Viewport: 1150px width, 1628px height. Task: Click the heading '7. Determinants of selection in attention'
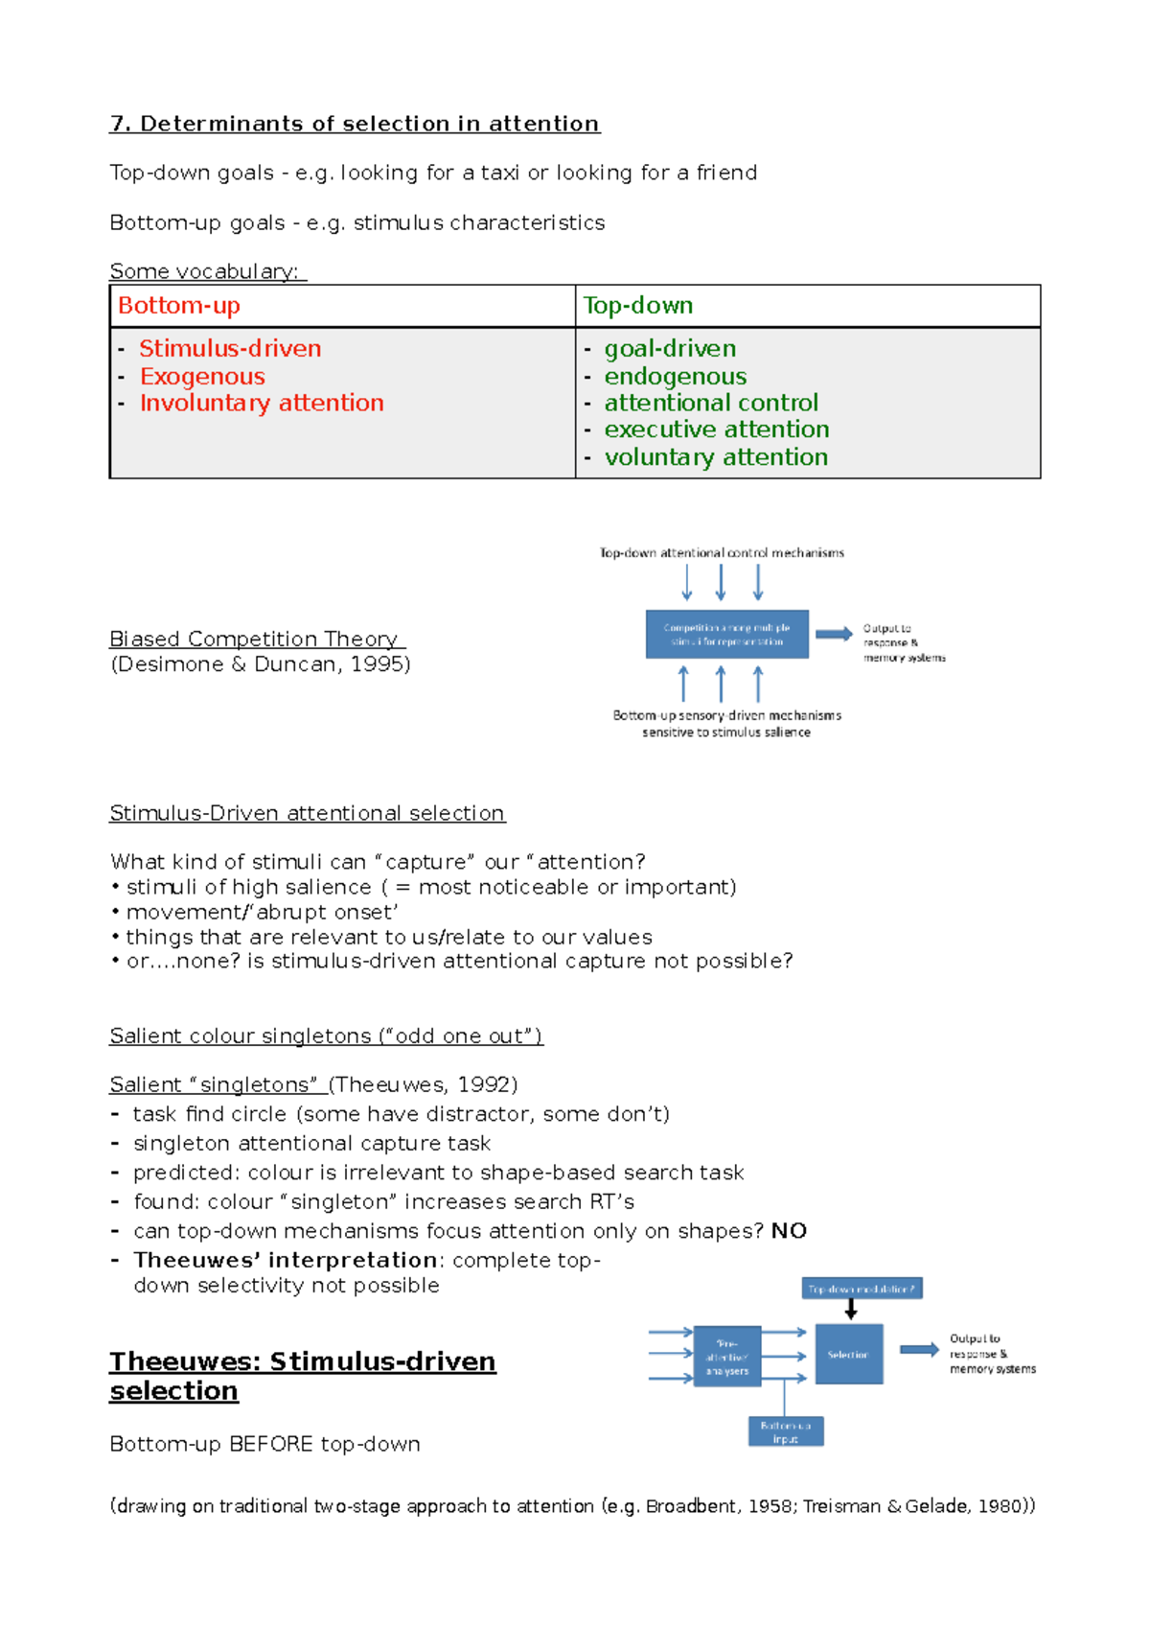coord(355,124)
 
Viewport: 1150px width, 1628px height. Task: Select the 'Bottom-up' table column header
coord(178,306)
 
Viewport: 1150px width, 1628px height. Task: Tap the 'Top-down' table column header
coord(638,306)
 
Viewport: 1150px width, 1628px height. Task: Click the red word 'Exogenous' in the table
coord(202,376)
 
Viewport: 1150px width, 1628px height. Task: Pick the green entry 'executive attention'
coord(716,430)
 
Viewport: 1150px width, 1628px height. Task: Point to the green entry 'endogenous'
coord(675,376)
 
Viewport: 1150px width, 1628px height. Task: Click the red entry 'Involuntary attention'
coord(262,403)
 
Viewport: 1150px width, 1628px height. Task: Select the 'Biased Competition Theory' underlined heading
coord(257,639)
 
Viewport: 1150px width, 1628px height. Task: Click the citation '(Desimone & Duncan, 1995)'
coord(261,664)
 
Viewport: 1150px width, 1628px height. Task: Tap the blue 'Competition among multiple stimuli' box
coord(726,634)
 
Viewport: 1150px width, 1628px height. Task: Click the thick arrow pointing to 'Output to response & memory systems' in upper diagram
coord(834,634)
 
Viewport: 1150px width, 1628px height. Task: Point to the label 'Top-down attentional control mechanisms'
coord(722,552)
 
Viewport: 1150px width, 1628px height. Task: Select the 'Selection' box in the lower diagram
coord(848,1354)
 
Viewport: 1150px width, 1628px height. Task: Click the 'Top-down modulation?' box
coord(862,1289)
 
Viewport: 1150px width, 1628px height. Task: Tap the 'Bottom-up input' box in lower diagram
coord(785,1431)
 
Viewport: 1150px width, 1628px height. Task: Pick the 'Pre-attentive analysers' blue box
coord(726,1357)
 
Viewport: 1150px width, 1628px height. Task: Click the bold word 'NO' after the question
coord(789,1231)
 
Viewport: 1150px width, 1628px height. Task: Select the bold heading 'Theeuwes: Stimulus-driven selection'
coord(302,1375)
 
